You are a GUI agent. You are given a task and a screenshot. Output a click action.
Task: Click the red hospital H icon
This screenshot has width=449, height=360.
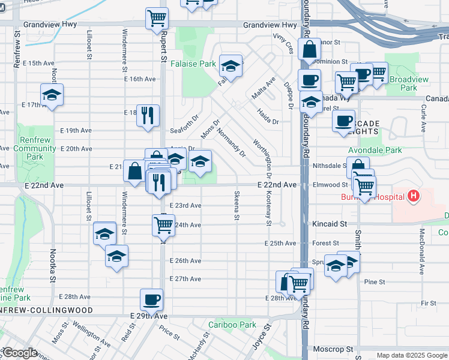pyautogui.click(x=413, y=196)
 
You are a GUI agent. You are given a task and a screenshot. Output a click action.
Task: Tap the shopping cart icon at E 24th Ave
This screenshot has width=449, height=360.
pyautogui.click(x=163, y=225)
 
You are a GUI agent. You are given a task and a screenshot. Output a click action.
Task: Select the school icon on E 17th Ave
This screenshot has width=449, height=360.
pyautogui.click(x=52, y=94)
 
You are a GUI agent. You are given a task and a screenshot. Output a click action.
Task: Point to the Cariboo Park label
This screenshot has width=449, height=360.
pyautogui.click(x=232, y=325)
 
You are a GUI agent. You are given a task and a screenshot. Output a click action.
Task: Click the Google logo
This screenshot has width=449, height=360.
pyautogui.click(x=20, y=353)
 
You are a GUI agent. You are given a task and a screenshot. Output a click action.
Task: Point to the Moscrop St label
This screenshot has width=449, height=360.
pyautogui.click(x=333, y=349)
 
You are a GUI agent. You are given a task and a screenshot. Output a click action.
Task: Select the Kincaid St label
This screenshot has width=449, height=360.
pyautogui.click(x=330, y=224)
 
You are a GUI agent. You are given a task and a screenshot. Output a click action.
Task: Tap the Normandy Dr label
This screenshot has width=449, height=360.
pyautogui.click(x=231, y=142)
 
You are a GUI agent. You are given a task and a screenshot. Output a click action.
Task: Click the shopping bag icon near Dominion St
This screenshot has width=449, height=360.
pyautogui.click(x=309, y=51)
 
